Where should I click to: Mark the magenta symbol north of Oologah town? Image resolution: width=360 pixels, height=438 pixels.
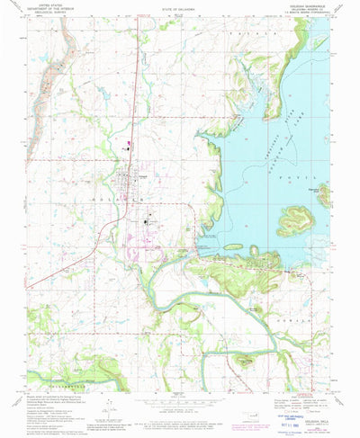129,143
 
